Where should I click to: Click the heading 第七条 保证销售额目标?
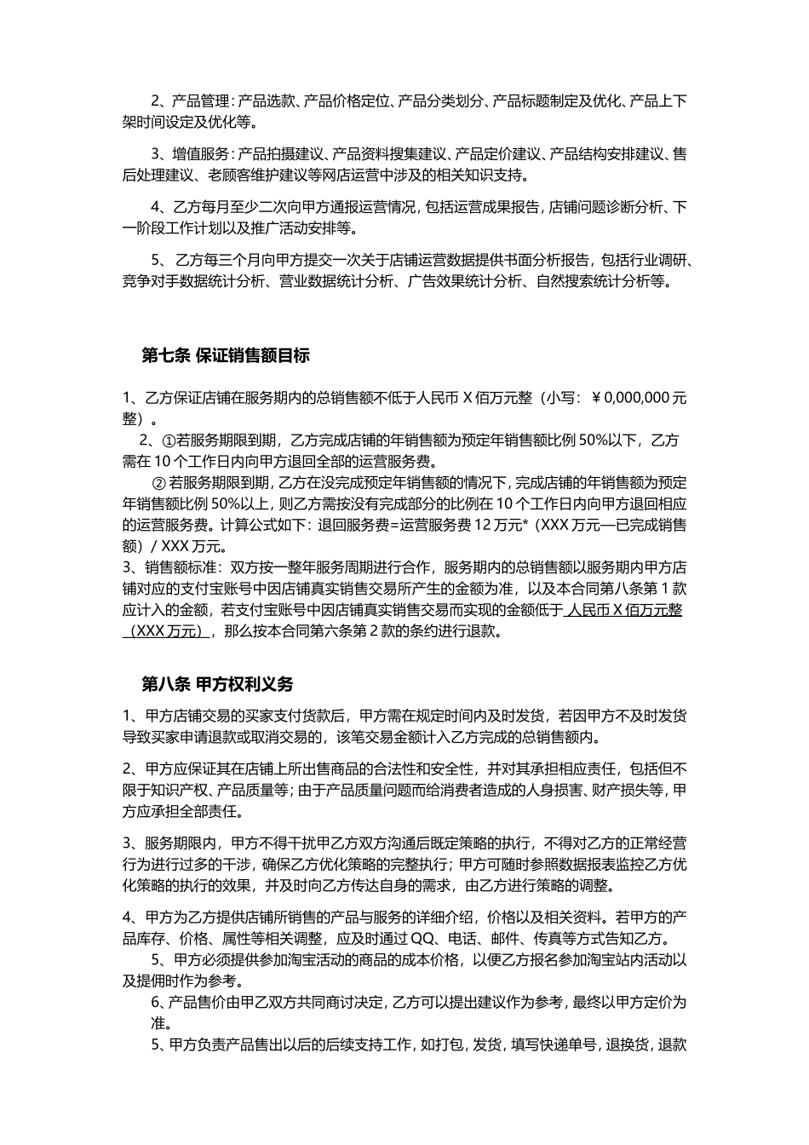click(226, 356)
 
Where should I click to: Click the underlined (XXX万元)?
click(167, 631)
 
